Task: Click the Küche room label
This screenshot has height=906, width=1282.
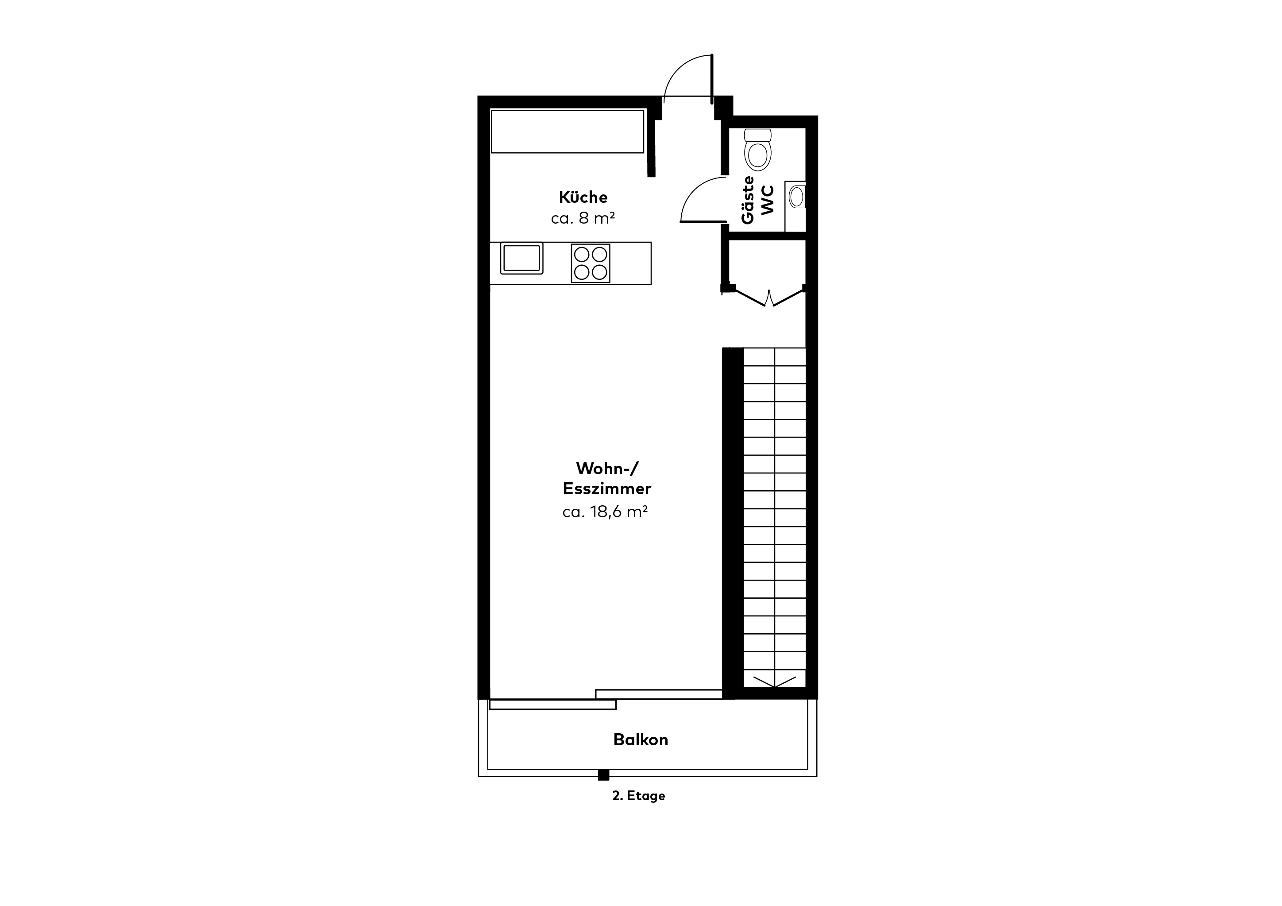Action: click(583, 197)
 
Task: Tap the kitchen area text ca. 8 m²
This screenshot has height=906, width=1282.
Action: click(583, 218)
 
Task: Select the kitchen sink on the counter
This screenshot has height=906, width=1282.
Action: click(521, 258)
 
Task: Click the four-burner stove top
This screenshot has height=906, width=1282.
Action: click(590, 263)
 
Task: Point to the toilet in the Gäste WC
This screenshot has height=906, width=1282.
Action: click(758, 149)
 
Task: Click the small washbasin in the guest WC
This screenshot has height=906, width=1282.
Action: click(795, 197)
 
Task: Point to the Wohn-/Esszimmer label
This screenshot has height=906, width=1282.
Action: click(607, 478)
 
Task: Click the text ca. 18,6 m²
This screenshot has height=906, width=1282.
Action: click(605, 511)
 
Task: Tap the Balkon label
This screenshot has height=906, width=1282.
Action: click(641, 740)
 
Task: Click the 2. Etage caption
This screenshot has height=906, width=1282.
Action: click(639, 795)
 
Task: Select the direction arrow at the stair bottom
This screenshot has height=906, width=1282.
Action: click(774, 681)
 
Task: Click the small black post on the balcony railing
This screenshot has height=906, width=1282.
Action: click(603, 775)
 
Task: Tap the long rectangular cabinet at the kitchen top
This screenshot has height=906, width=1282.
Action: click(568, 131)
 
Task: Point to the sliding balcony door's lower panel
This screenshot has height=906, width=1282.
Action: click(553, 705)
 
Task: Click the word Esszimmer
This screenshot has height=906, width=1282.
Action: click(607, 489)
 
